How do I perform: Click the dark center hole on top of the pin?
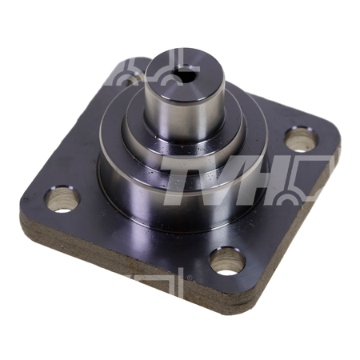185,74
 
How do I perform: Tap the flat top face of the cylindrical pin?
185,74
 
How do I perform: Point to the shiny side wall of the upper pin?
184,118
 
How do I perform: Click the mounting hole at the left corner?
62,199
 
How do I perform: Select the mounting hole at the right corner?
302,140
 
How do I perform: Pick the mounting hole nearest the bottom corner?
227,262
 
